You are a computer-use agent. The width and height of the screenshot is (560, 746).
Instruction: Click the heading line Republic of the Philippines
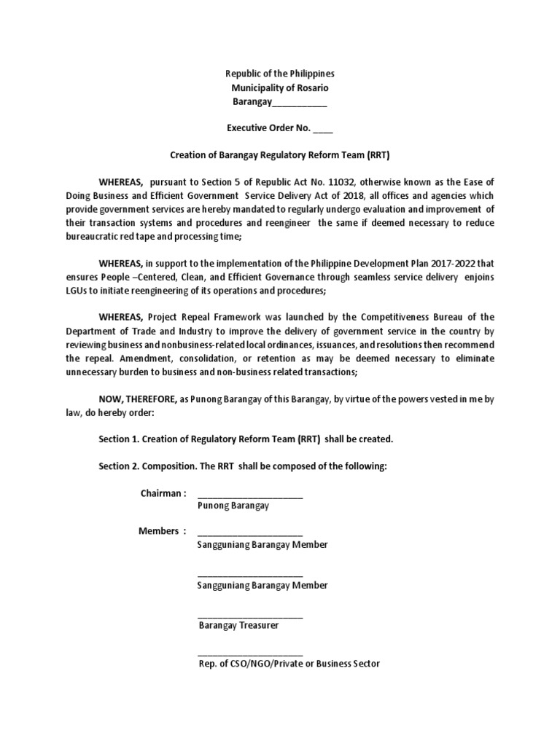pyautogui.click(x=280, y=74)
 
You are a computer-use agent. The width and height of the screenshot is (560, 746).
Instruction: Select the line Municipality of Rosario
pyautogui.click(x=280, y=88)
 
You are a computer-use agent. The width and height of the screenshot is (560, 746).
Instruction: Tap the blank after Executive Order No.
pyautogui.click(x=323, y=129)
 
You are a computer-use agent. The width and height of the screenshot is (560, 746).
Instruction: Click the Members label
pyautogui.click(x=158, y=531)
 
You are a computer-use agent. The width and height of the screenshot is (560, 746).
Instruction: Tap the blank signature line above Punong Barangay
pyautogui.click(x=250, y=497)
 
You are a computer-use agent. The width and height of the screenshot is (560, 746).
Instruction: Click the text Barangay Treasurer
pyautogui.click(x=239, y=625)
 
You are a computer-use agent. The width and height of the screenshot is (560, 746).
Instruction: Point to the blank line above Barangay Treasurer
pyautogui.click(x=250, y=616)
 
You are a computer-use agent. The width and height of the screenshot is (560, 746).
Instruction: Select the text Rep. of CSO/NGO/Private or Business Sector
pyautogui.click(x=289, y=664)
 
